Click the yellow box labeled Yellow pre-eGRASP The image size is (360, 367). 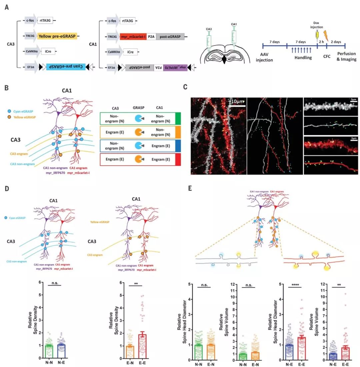pyautogui.click(x=57, y=36)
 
